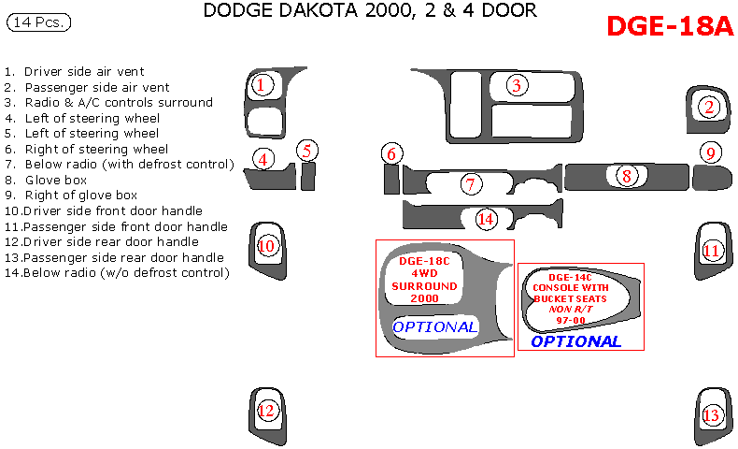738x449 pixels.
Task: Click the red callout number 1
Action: point(263,86)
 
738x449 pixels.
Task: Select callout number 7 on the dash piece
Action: point(473,184)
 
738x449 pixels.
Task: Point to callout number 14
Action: point(485,219)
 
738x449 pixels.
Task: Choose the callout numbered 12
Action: point(266,410)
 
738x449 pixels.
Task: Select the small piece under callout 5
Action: point(307,175)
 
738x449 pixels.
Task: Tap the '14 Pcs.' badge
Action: point(39,22)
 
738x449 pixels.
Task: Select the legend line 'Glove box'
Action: point(55,180)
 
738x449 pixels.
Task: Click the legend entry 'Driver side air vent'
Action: point(84,71)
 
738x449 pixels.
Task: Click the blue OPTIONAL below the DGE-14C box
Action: point(575,341)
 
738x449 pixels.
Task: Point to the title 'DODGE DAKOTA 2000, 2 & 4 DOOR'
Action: point(369,11)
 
